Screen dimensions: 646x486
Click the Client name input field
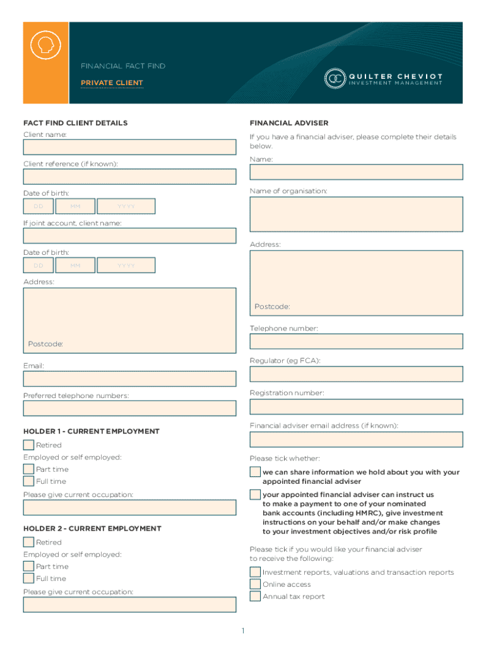click(129, 147)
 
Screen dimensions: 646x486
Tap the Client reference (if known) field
click(129, 177)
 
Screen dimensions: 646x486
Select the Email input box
click(129, 379)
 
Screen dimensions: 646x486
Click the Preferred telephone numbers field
click(129, 408)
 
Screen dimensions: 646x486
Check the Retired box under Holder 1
click(28, 445)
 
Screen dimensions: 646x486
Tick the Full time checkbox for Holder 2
click(28, 578)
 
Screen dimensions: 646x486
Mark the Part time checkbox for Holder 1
click(28, 469)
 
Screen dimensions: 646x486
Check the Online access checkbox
click(255, 584)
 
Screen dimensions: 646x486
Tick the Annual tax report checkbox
click(255, 596)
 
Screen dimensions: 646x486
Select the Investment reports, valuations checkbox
click(255, 572)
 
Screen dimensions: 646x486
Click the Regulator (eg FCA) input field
click(356, 373)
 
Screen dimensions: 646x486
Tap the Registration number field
click(356, 406)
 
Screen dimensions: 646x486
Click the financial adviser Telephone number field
click(356, 341)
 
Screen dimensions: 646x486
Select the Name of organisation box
click(356, 215)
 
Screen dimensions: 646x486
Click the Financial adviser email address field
click(356, 439)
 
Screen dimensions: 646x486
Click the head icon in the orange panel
click(46, 45)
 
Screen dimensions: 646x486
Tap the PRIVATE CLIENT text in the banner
click(112, 83)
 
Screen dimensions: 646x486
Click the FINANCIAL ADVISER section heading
click(289, 123)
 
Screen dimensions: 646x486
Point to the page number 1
click(243, 631)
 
